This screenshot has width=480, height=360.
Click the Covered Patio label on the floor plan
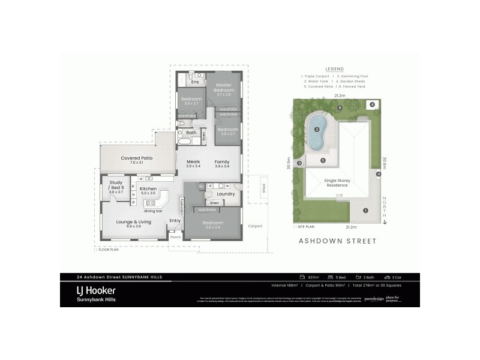[136, 158]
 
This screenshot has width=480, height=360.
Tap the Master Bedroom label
[224, 88]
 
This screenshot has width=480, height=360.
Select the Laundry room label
[226, 194]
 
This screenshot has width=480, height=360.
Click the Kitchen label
[148, 189]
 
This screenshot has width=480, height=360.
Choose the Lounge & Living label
[133, 222]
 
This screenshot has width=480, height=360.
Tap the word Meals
[193, 161]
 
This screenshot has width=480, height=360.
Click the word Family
[222, 161]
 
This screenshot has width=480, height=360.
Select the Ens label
[195, 82]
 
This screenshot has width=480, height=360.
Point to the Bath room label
[191, 133]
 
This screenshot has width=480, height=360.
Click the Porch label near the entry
[176, 237]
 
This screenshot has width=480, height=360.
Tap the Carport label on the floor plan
[256, 226]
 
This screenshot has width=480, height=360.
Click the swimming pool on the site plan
[317, 127]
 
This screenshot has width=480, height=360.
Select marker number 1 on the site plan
[365, 210]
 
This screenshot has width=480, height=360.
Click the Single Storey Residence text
[337, 183]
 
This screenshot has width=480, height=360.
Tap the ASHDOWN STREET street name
[337, 241]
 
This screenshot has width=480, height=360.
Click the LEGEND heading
[334, 69]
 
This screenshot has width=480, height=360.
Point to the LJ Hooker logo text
[96, 290]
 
